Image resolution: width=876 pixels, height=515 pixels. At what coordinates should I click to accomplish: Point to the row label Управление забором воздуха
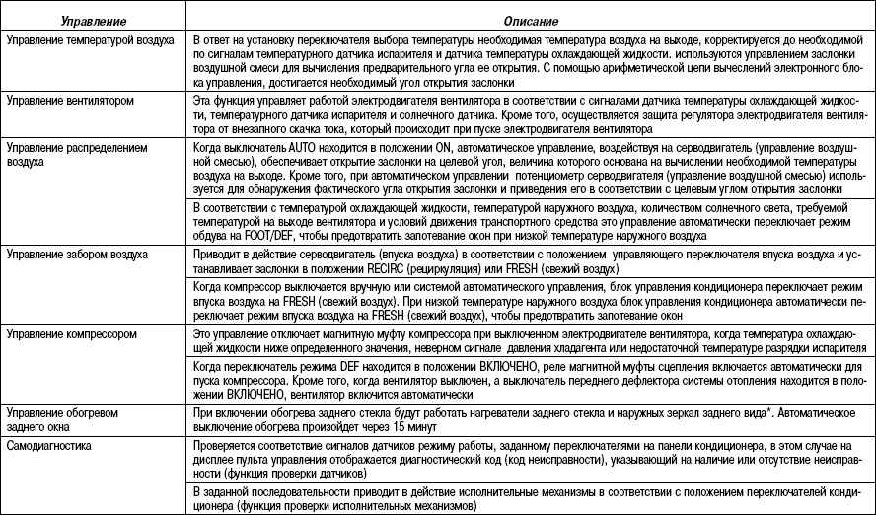[77, 255]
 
